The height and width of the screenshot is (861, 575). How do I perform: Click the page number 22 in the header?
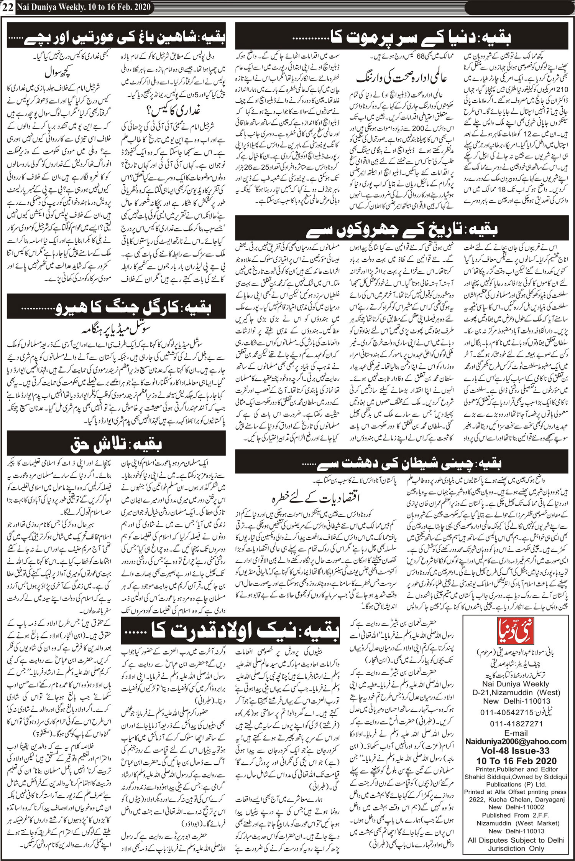[8, 8]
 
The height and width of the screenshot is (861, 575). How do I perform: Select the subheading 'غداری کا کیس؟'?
[173, 111]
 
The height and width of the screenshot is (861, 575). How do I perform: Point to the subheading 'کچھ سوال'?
[59, 73]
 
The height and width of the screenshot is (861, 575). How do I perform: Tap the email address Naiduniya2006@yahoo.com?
[516, 741]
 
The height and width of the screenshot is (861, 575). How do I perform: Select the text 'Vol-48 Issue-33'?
[516, 750]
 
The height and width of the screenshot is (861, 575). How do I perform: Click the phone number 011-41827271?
[516, 724]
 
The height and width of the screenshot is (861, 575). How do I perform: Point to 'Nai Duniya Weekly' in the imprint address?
[516, 684]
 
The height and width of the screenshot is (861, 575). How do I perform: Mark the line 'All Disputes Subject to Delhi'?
[516, 840]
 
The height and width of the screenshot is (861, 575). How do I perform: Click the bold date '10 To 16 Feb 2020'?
[516, 760]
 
